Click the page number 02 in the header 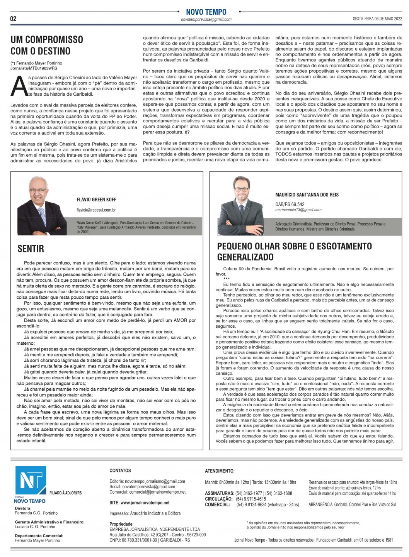click(13, 19)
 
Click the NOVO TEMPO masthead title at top click(206, 12)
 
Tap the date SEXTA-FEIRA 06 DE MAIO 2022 click(377, 19)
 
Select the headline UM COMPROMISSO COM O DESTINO click(46, 45)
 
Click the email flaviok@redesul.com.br click(96, 210)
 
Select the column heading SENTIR click(31, 249)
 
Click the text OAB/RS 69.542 click(290, 204)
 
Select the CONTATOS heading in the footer click(120, 471)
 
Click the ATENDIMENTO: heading click(220, 471)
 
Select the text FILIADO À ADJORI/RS click(65, 493)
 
